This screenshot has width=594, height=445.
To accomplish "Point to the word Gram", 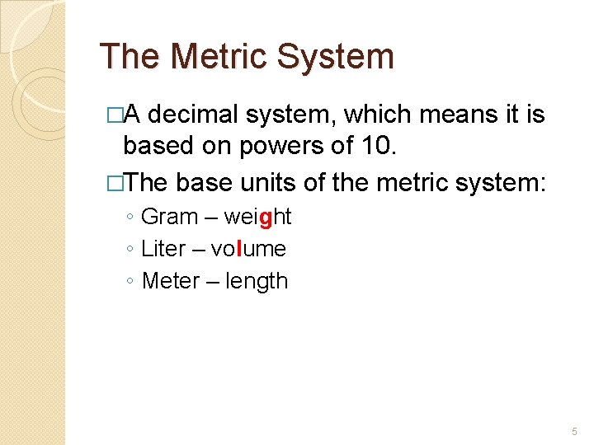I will click(170, 217).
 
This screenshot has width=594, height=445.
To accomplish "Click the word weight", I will click(257, 218).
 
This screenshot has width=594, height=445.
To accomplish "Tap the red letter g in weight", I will click(265, 218).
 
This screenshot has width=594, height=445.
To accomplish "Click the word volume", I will click(248, 249).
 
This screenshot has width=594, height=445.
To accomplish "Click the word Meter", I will click(171, 281).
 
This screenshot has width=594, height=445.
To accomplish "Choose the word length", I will click(256, 282).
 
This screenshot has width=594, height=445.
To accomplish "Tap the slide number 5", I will click(574, 432).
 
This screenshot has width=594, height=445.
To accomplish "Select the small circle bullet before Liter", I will click(131, 250).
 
